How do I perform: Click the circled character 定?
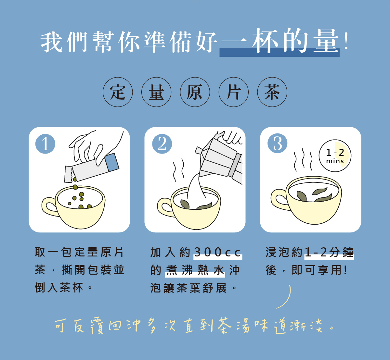[118, 92]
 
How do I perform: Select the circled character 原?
[195, 92]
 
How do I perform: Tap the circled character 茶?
[272, 92]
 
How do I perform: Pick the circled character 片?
[233, 92]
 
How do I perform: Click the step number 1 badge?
[45, 144]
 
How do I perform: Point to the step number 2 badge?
[162, 144]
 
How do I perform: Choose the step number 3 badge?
[277, 143]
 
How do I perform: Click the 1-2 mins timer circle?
[335, 156]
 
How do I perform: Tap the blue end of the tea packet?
[112, 162]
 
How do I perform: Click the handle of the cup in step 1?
[49, 207]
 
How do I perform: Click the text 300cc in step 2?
[217, 252]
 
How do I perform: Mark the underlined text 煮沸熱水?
[195, 270]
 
